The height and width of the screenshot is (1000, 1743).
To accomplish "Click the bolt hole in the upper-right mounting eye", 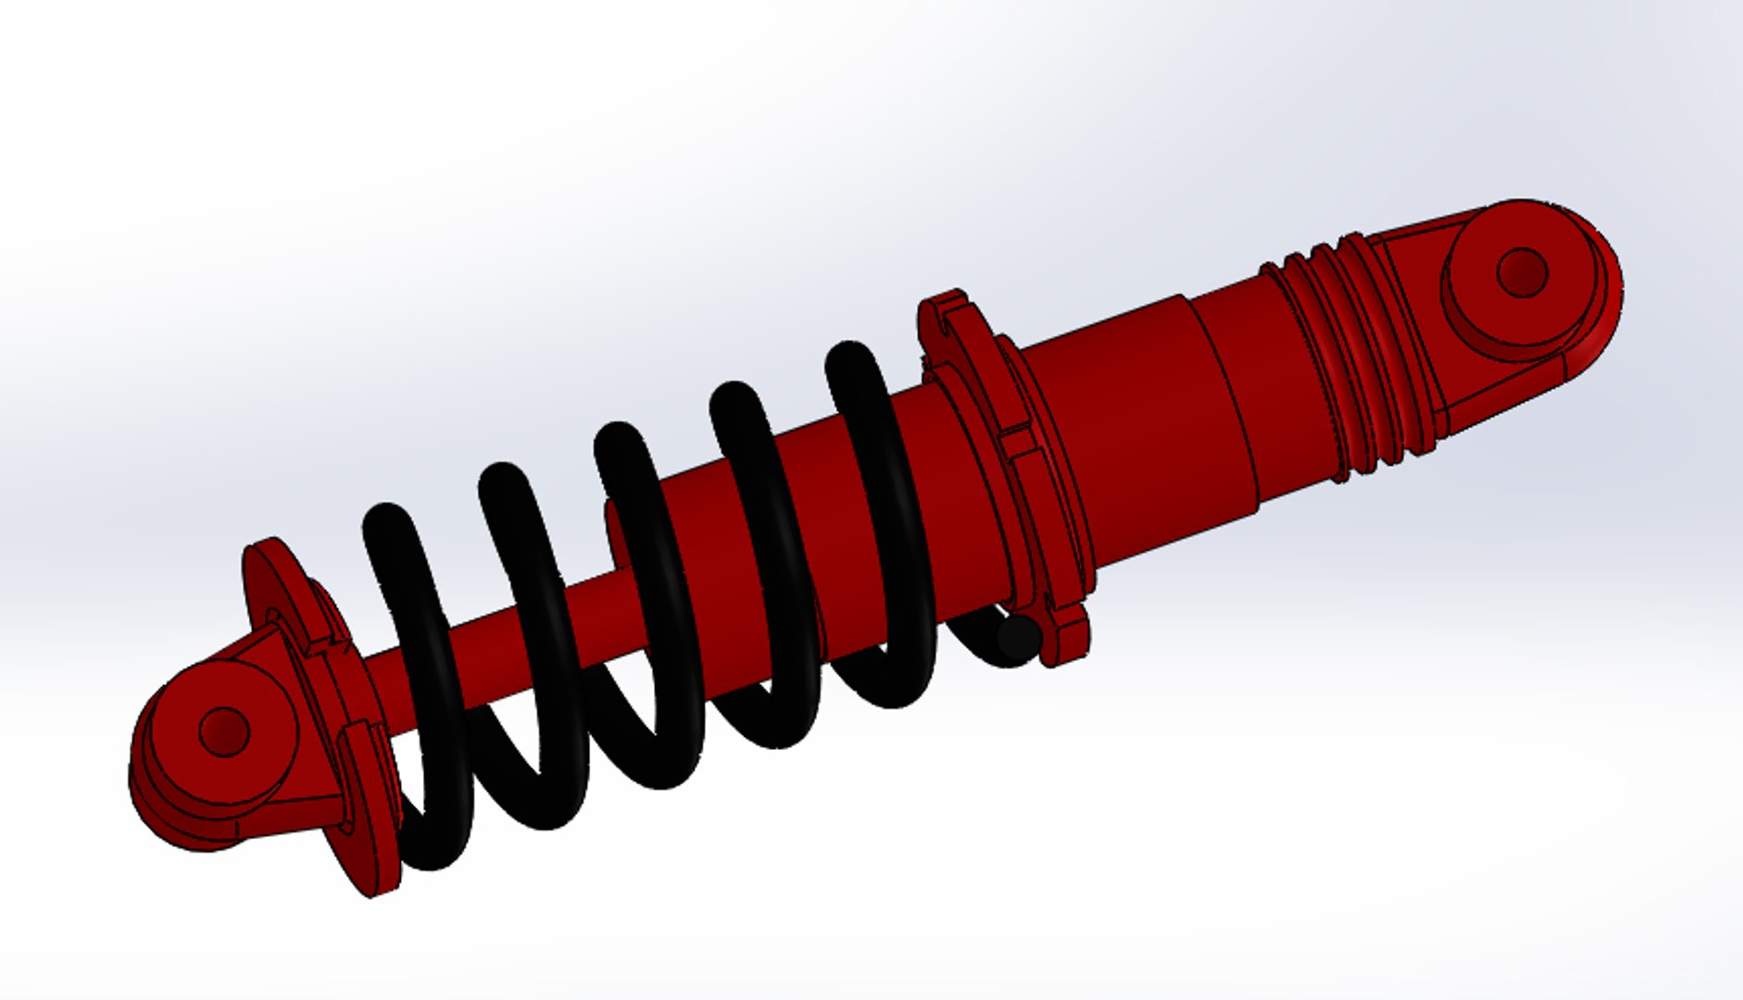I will [1521, 272].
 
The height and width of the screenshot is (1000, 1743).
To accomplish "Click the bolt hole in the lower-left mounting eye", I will [224, 731].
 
